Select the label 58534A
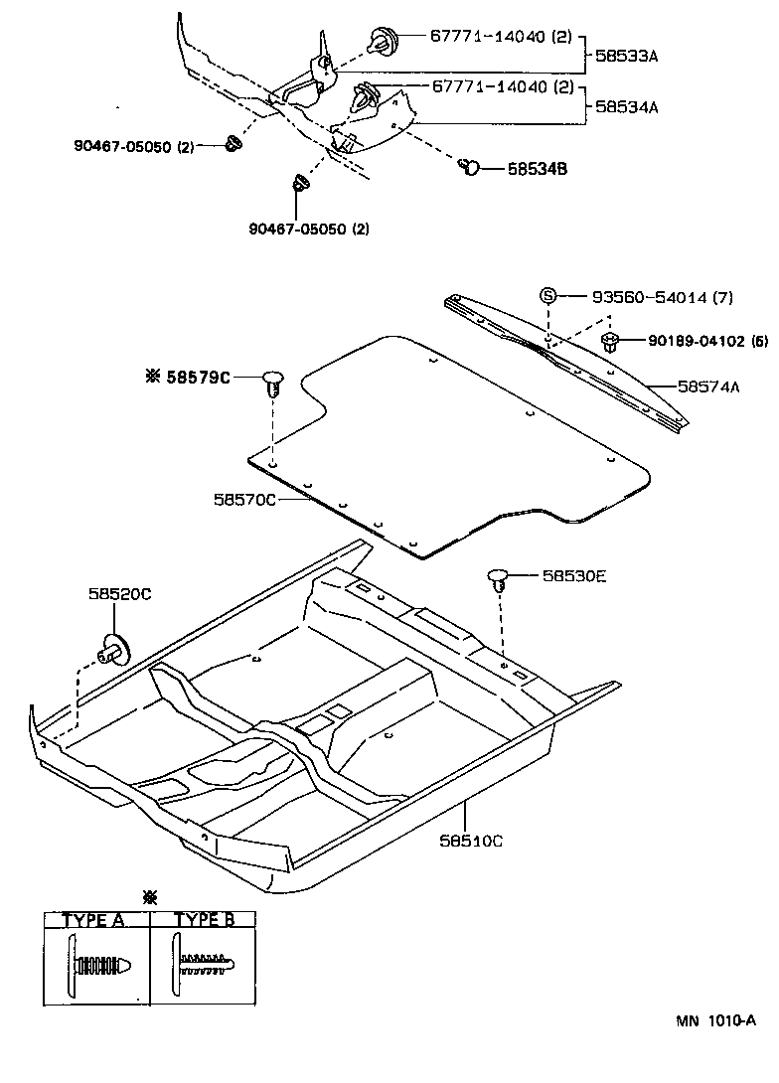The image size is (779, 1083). pos(626,105)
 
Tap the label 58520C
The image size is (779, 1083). pos(119,594)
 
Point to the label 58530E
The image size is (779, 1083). pos(573,575)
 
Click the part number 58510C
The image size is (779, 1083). pos(471,841)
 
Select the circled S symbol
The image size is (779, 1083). pos(546,296)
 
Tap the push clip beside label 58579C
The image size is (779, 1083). pos(273,383)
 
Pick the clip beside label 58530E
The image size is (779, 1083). pos(499,579)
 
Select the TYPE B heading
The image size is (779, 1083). pos(204,920)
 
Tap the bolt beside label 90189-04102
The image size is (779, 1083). pos(611,343)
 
